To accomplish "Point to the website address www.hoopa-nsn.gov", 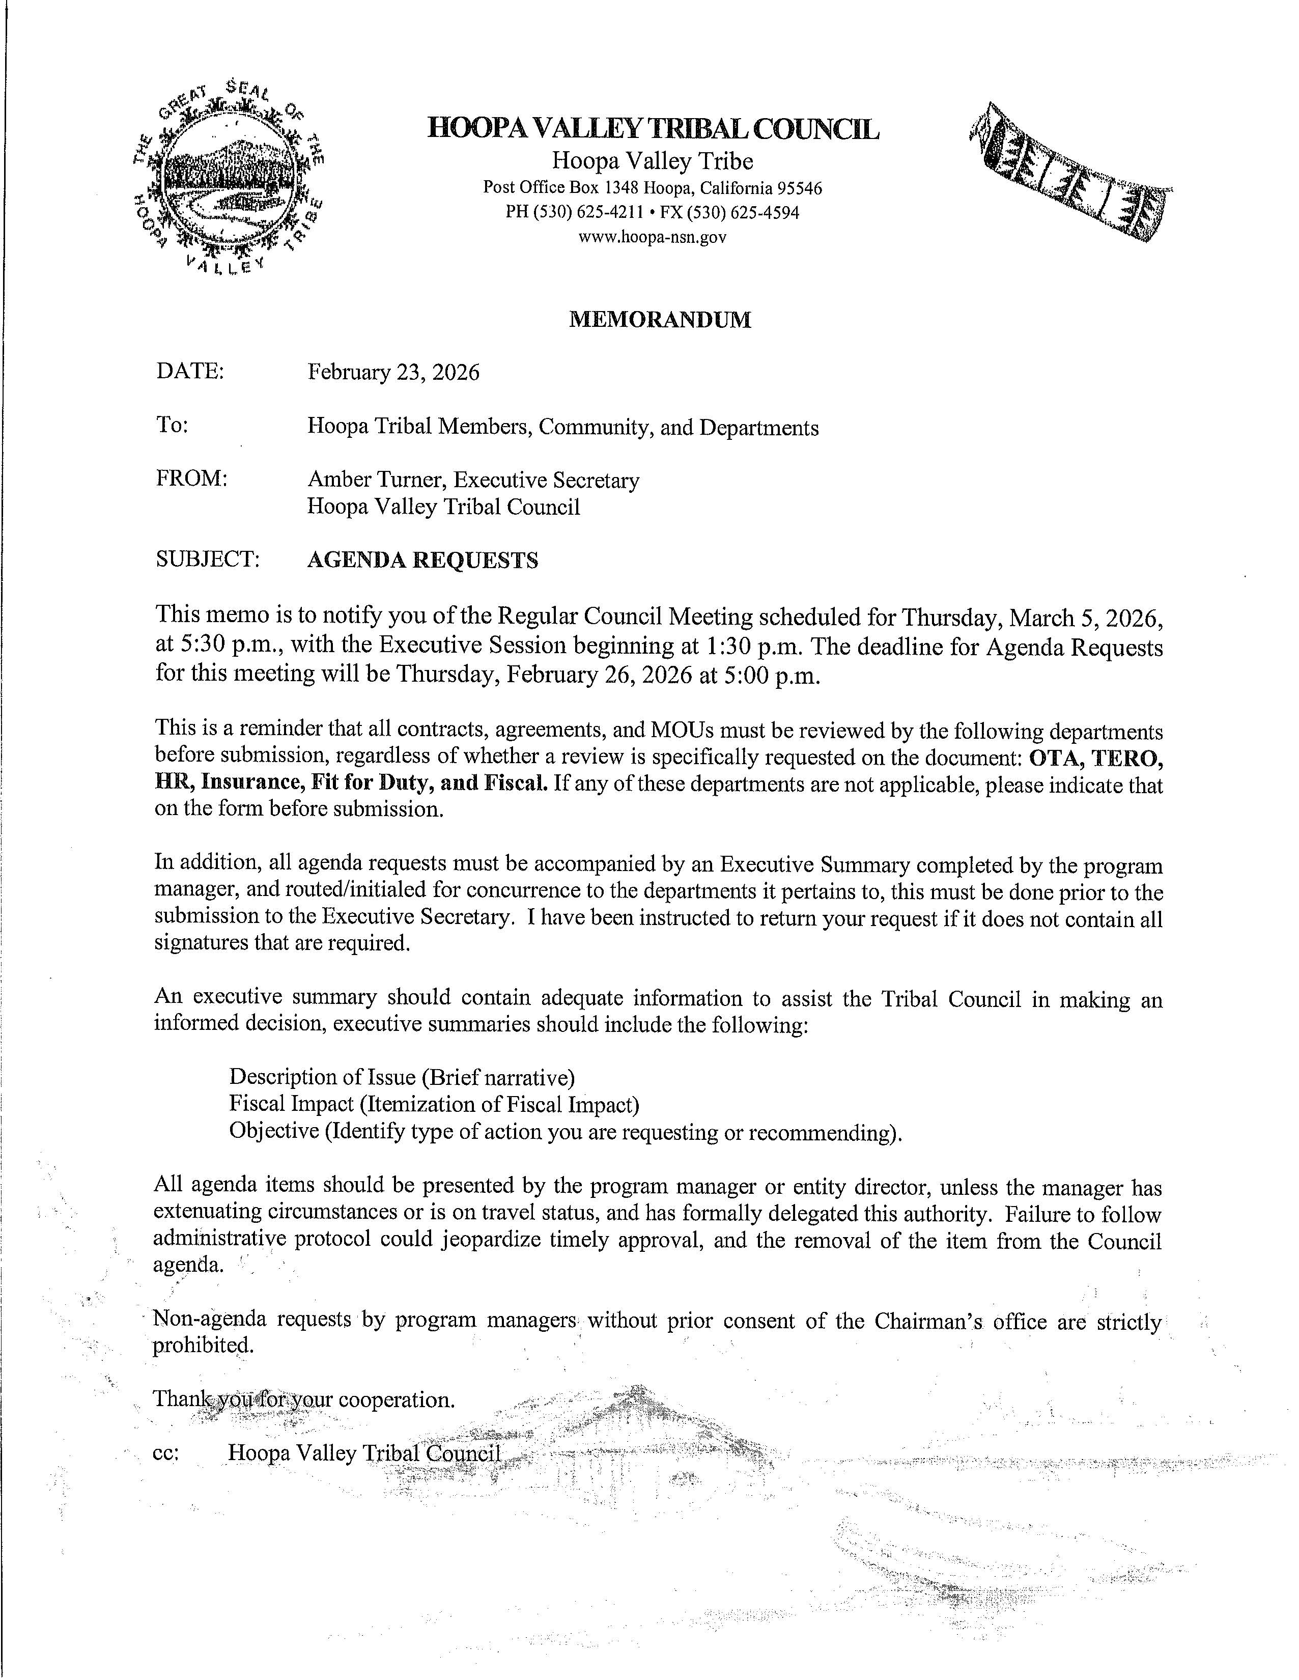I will point(652,237).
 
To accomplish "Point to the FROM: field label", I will point(191,479).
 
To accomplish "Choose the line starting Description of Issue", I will point(402,1076).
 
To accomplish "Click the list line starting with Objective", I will point(564,1132).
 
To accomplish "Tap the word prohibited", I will point(203,1346).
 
